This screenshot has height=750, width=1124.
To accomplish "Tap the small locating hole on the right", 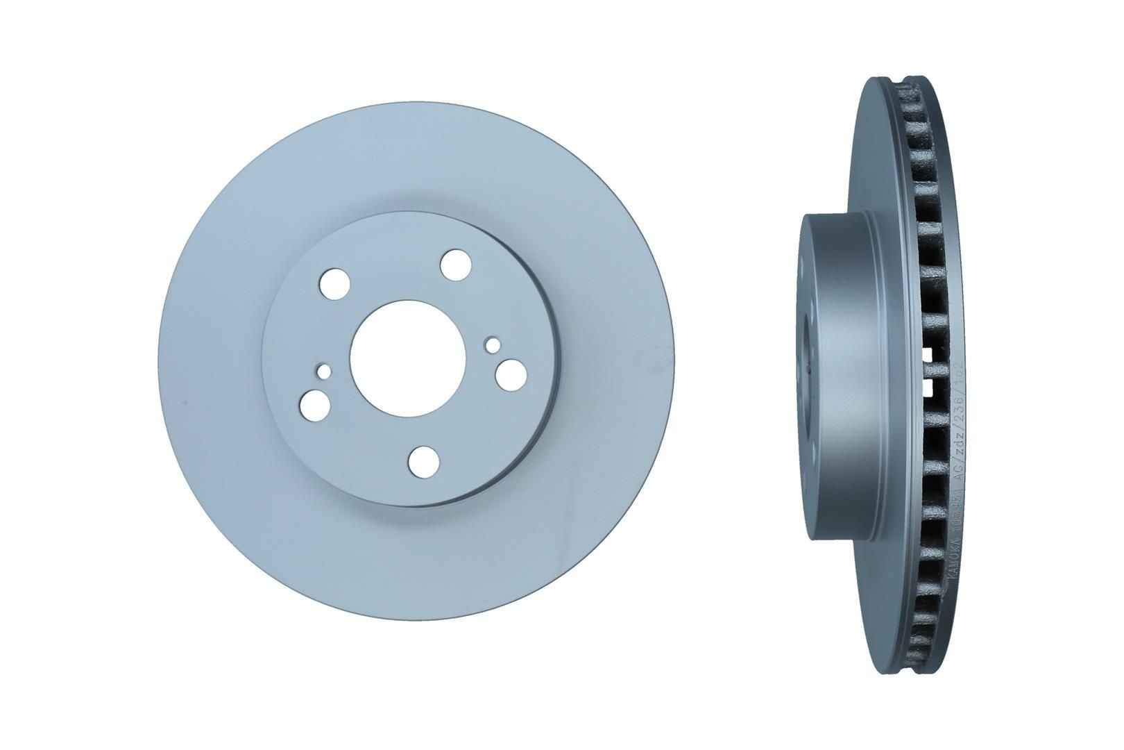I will click(493, 344).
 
